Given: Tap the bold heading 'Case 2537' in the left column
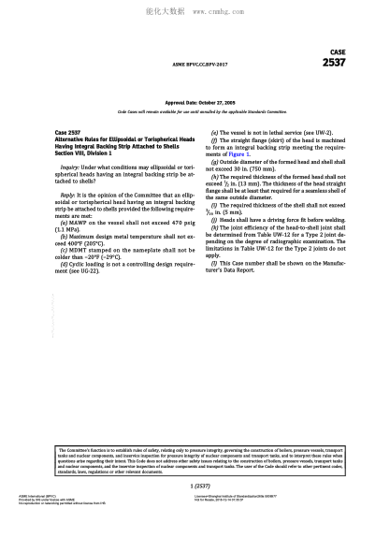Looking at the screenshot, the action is coord(69,134).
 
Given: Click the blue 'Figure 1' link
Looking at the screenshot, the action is coord(267,153).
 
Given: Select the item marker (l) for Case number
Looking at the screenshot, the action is coord(215,262).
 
